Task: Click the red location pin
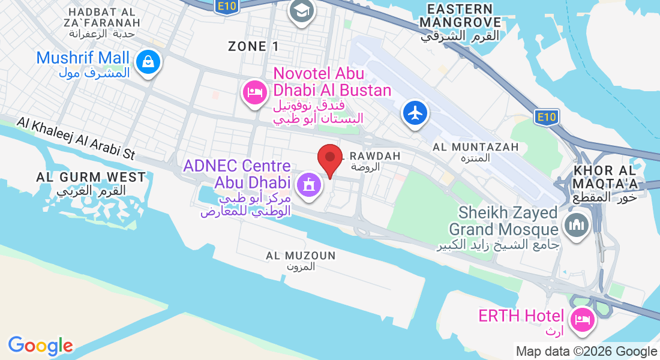click(329, 158)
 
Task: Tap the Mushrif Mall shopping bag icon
click(147, 62)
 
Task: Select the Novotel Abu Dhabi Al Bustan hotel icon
click(254, 92)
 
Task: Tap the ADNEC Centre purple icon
click(309, 183)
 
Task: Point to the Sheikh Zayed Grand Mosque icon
click(577, 226)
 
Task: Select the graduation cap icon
click(301, 10)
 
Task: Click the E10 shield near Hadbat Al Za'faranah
click(223, 5)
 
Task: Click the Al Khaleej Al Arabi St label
click(76, 138)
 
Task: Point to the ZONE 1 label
click(254, 46)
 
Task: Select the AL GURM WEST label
click(91, 178)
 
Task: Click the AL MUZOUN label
click(301, 256)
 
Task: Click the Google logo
click(40, 346)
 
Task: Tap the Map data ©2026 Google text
click(586, 352)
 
